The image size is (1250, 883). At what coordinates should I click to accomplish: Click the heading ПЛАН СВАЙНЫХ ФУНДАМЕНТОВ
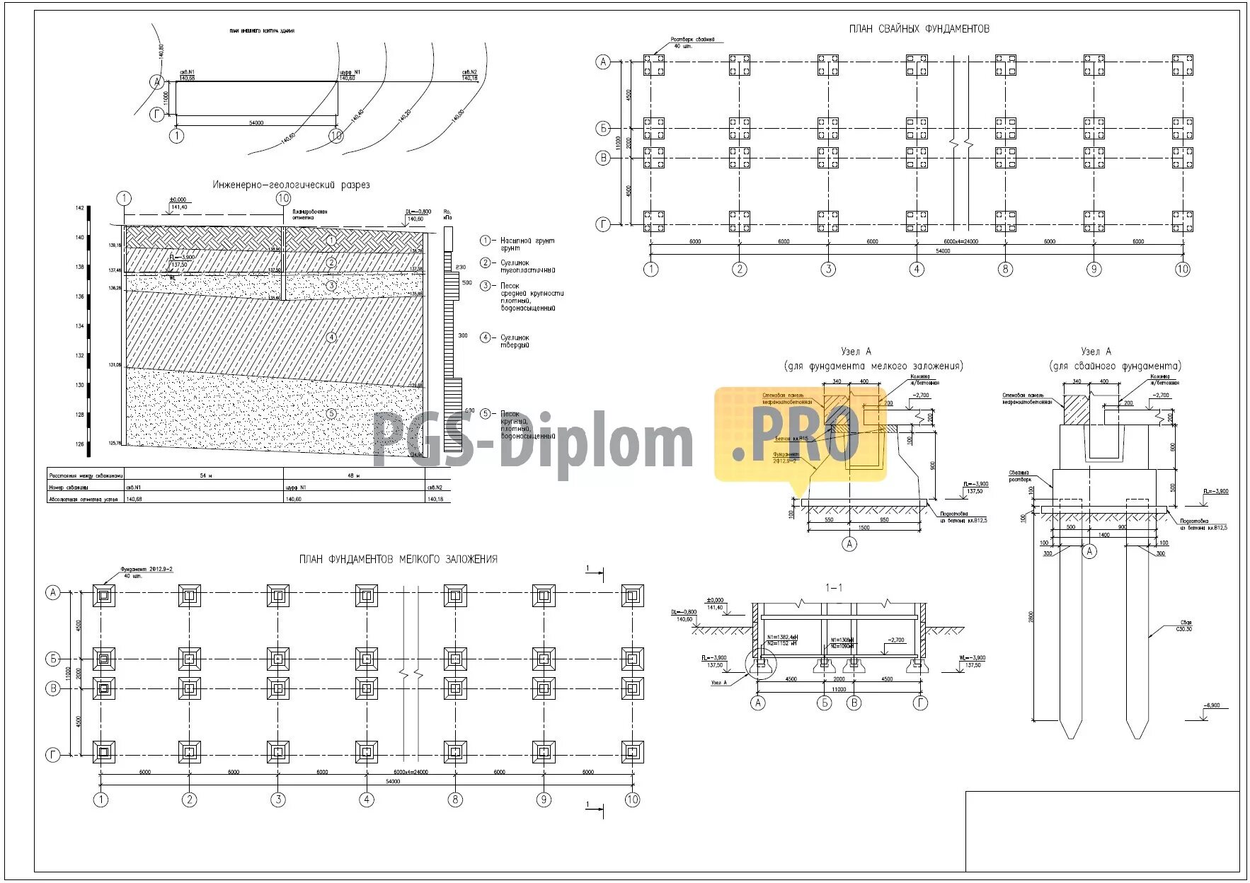pos(919,29)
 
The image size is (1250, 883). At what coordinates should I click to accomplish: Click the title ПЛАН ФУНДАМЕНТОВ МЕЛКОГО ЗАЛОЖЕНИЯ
pos(398,559)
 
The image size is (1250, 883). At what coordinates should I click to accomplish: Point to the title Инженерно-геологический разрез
pos(291,185)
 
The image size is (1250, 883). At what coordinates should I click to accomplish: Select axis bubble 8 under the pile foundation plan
pos(1005,269)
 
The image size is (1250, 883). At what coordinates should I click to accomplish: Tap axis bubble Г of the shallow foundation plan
pos(53,755)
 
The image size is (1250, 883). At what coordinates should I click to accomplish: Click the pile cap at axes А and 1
pos(653,65)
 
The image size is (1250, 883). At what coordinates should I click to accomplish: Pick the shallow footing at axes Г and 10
pos(632,751)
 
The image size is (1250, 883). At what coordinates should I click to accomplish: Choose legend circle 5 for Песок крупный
pos(486,414)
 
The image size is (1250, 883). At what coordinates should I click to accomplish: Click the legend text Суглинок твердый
pos(515,341)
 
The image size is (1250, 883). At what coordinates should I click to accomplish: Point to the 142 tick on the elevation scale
pos(80,208)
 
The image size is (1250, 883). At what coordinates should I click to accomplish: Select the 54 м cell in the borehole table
pos(205,475)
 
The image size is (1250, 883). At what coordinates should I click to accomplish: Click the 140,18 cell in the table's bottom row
pos(435,499)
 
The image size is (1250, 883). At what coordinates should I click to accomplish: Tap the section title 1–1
pos(834,588)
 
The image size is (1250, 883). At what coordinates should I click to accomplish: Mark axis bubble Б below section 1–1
pos(825,703)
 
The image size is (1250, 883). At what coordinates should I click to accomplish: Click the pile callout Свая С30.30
pos(1183,625)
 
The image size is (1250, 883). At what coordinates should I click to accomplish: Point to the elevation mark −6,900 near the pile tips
pos(1211,705)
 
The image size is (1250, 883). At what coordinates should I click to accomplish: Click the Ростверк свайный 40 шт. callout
pos(692,42)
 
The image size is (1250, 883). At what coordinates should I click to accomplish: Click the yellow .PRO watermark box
pos(800,434)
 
